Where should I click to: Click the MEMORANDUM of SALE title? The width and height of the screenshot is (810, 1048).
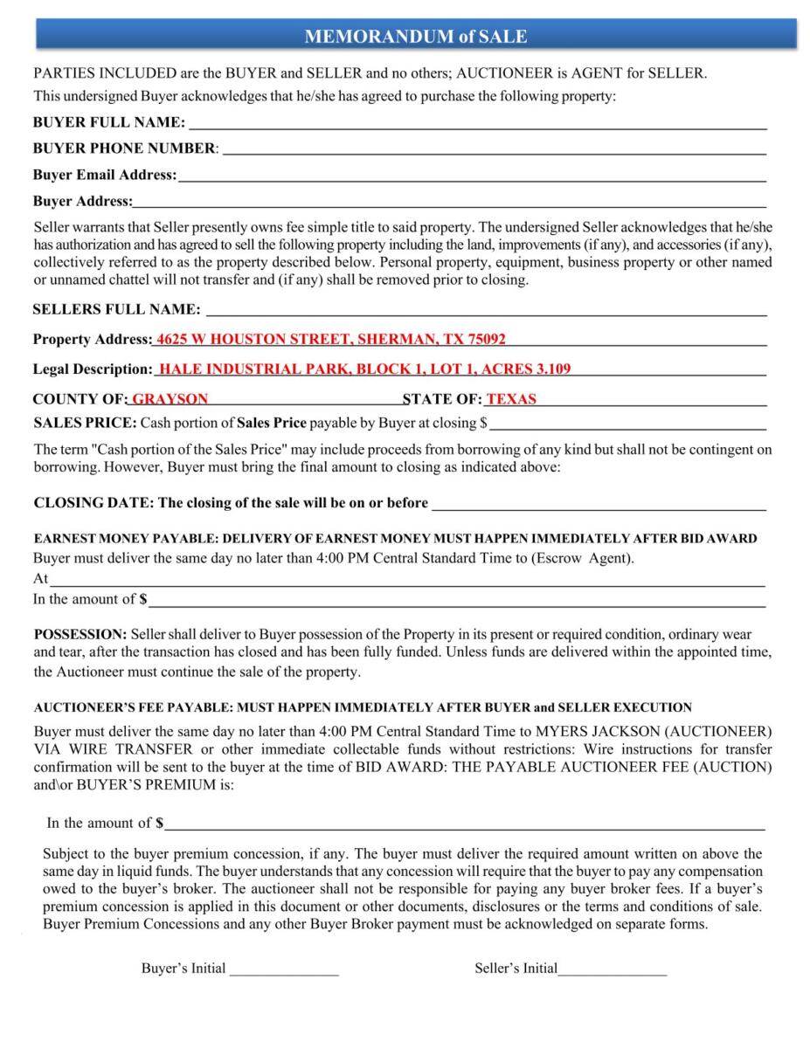[x=416, y=37]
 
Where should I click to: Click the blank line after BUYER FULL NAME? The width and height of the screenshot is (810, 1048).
[x=477, y=123]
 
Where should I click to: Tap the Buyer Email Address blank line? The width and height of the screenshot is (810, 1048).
[x=472, y=176]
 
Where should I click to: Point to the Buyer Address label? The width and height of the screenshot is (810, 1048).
[x=82, y=202]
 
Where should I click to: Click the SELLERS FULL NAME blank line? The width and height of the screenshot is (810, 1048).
[x=486, y=310]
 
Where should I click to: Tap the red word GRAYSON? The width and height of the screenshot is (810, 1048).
[x=170, y=399]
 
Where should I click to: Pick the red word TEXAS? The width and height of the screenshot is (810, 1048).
[x=511, y=399]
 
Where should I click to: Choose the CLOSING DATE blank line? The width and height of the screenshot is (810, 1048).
[x=599, y=504]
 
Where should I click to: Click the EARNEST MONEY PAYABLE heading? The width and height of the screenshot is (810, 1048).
[x=395, y=539]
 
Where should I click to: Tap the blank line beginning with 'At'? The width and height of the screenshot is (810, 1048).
[x=407, y=579]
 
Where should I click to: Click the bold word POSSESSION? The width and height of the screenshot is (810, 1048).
[x=80, y=633]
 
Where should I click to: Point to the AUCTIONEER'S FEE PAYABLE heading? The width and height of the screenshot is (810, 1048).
[x=363, y=707]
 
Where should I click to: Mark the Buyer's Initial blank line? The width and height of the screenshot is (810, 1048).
[x=284, y=969]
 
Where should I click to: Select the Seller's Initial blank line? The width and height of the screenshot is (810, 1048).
[x=613, y=969]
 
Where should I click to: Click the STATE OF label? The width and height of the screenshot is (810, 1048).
[x=442, y=399]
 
